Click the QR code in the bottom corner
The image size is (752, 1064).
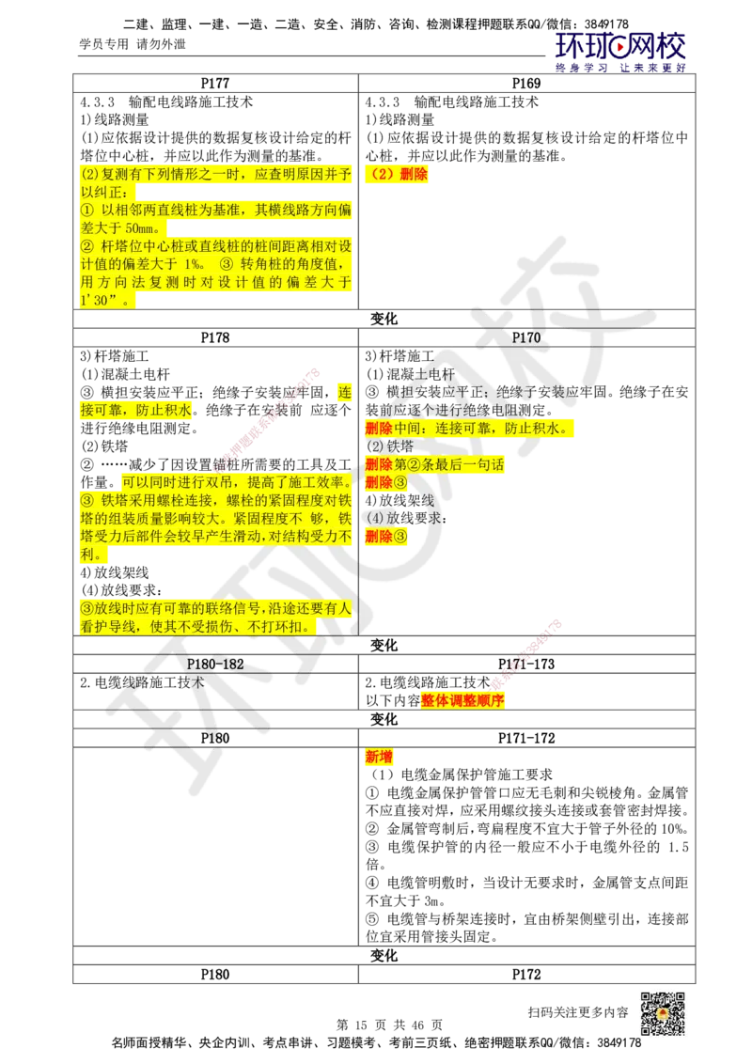tap(663, 1013)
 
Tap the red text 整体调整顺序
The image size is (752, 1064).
tap(462, 700)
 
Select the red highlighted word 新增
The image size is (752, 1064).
tap(379, 757)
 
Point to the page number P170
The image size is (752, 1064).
tap(526, 336)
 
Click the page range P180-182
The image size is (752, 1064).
tap(215, 664)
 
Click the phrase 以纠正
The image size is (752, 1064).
tap(96, 193)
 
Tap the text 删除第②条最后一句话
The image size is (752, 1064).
tap(434, 464)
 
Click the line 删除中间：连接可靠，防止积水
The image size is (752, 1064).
tap(465, 429)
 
